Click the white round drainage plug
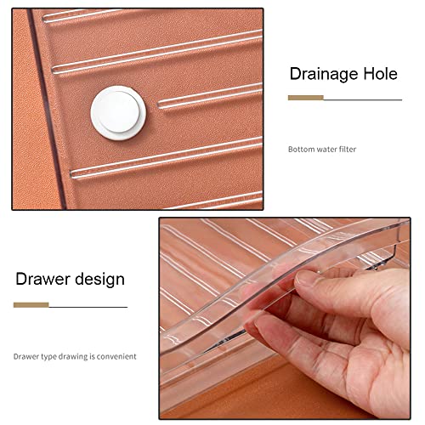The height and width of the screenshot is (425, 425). [118, 113]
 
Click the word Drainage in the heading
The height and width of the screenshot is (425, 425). [324, 74]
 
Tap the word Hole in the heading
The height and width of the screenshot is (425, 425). [381, 74]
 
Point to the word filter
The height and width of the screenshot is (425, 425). [348, 150]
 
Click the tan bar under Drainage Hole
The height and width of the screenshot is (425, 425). [306, 98]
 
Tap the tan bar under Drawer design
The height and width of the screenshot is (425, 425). [31, 305]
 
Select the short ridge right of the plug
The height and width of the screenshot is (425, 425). [210, 96]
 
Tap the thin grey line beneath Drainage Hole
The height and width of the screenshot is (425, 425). [363, 99]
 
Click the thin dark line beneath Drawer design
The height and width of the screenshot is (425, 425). [88, 307]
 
